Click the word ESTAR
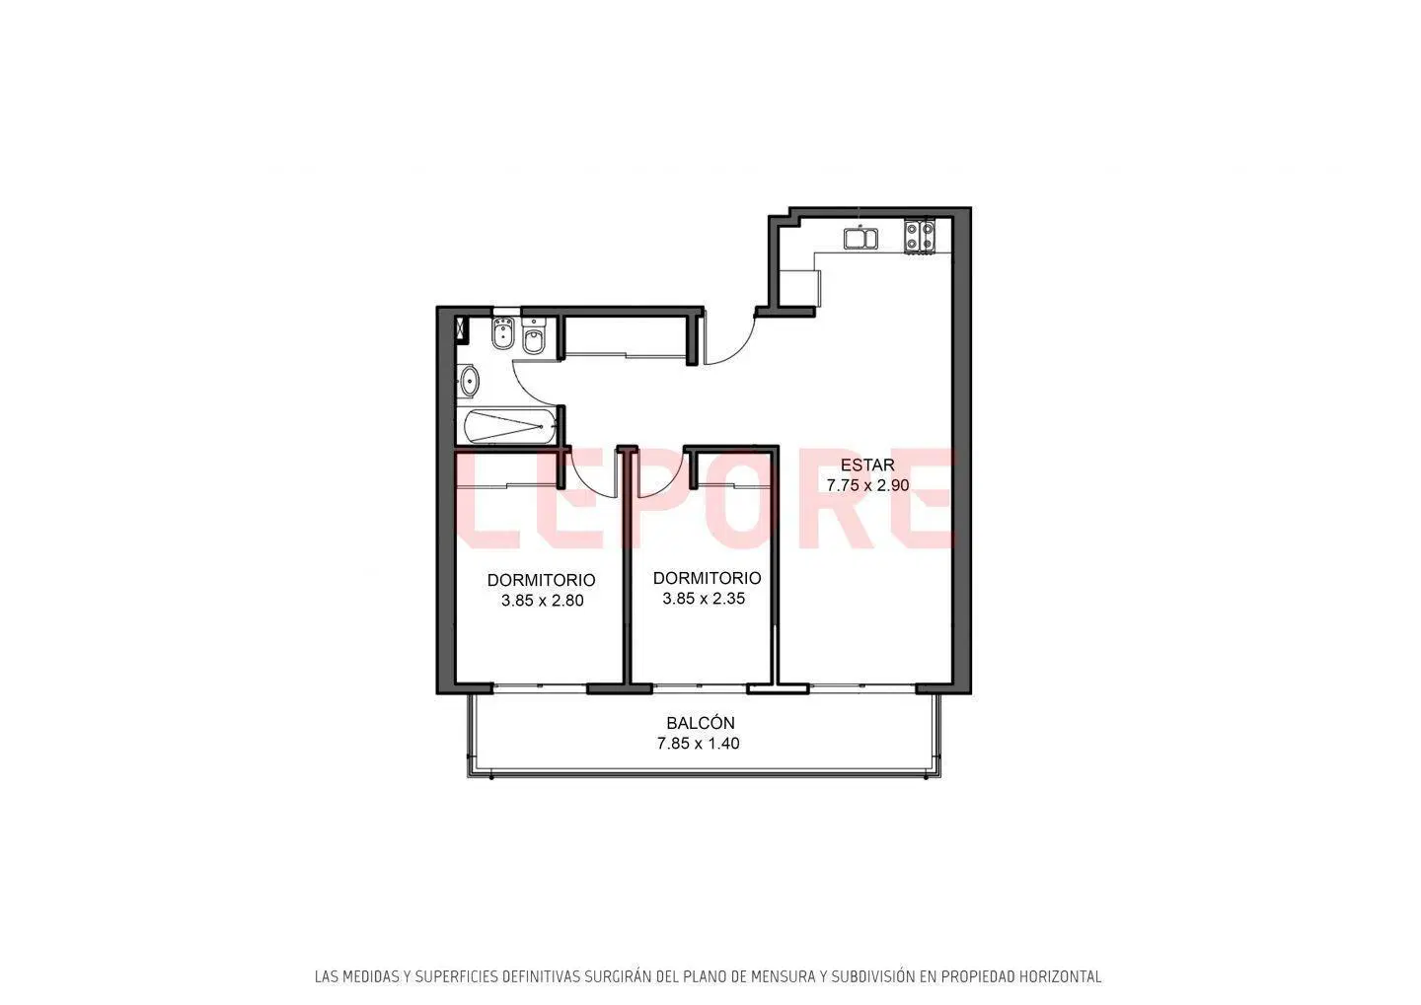pyautogui.click(x=867, y=465)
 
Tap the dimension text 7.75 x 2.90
pyautogui.click(x=867, y=485)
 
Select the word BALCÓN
pyautogui.click(x=701, y=723)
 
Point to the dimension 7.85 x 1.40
pyautogui.click(x=698, y=743)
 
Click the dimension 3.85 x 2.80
pyautogui.click(x=542, y=601)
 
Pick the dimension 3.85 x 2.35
pyautogui.click(x=704, y=599)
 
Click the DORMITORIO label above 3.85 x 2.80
pyautogui.click(x=541, y=580)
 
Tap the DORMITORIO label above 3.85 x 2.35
pyautogui.click(x=707, y=578)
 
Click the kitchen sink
pyautogui.click(x=860, y=239)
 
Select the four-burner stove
pyautogui.click(x=920, y=236)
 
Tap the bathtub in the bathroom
pyautogui.click(x=511, y=427)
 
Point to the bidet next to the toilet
pyautogui.click(x=503, y=334)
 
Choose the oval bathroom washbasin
pyautogui.click(x=470, y=381)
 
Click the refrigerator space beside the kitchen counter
pyautogui.click(x=800, y=289)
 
